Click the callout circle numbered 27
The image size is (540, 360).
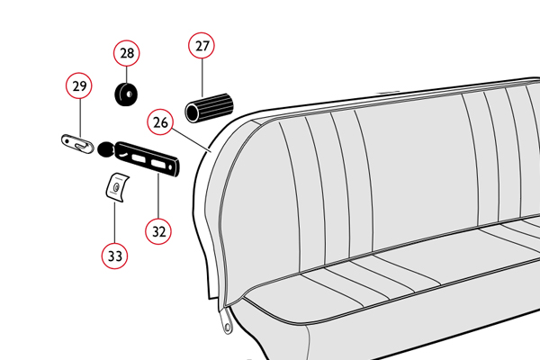coord(202,46)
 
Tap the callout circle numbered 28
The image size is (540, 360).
coord(127,53)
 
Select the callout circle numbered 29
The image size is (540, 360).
coord(79,85)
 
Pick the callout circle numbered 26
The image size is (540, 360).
coord(160,122)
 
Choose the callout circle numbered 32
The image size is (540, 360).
coord(158,231)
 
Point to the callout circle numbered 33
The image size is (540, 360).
coord(114,256)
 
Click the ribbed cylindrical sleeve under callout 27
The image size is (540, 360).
coord(210,108)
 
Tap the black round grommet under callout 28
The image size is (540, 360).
coord(126,94)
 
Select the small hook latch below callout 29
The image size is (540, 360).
coord(77,144)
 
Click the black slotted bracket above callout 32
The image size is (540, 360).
coord(147,158)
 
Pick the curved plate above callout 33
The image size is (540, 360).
coord(117,188)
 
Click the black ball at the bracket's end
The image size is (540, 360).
coord(105,149)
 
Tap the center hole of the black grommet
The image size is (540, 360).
coord(130,94)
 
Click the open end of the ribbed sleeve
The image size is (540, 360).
coord(193,112)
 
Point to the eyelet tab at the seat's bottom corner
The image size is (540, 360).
coord(226,322)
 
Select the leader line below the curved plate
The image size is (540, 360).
coord(114,222)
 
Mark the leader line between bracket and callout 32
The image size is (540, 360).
coord(158,195)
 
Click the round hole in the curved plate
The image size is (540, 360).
coord(116,188)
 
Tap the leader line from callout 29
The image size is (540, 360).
coord(80,118)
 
